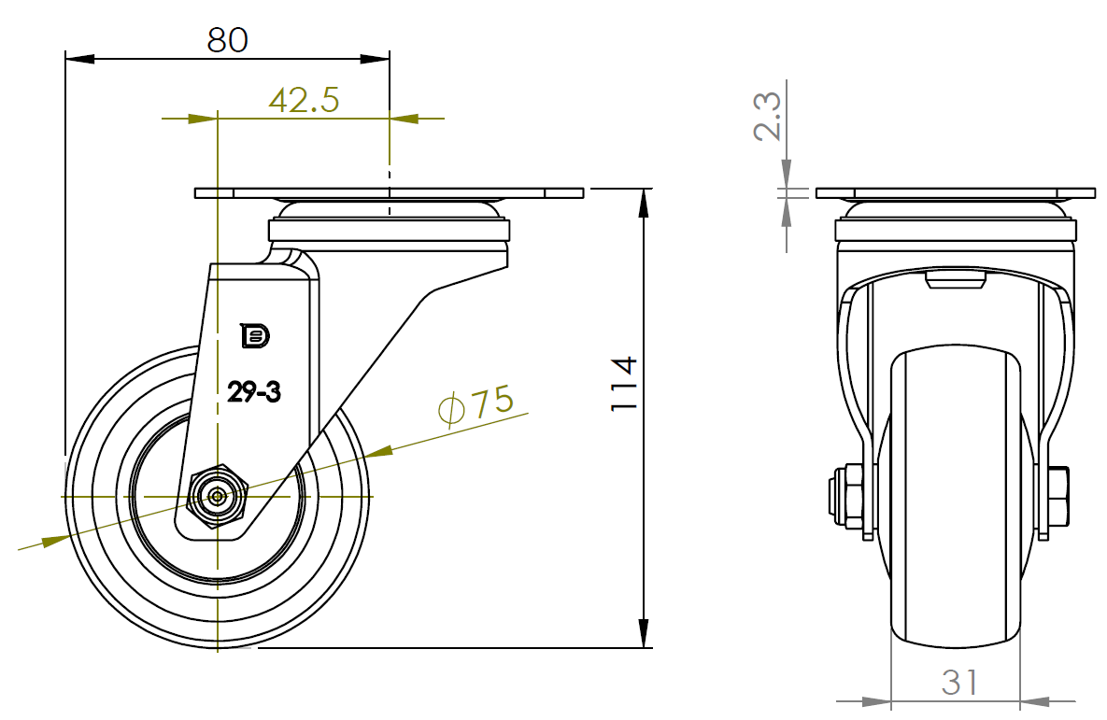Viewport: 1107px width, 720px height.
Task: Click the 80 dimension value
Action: point(227,40)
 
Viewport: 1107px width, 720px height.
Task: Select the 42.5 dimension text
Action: point(305,100)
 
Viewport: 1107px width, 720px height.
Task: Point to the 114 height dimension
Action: point(624,383)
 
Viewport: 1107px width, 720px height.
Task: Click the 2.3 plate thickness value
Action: point(767,116)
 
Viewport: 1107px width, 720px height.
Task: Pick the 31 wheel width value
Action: point(959,683)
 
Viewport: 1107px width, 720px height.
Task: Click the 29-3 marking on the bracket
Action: point(254,391)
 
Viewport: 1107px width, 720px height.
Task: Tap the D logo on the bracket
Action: point(255,336)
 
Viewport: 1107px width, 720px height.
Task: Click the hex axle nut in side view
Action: point(218,497)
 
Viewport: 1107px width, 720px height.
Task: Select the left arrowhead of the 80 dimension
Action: point(79,59)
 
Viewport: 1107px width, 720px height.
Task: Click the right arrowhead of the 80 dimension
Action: point(375,59)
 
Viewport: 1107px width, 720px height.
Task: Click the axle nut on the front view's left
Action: point(845,496)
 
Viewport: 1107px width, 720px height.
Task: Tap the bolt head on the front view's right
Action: point(1057,496)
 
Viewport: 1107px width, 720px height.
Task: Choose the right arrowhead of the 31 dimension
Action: point(1035,701)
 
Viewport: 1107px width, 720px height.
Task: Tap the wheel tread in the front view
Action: point(956,496)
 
